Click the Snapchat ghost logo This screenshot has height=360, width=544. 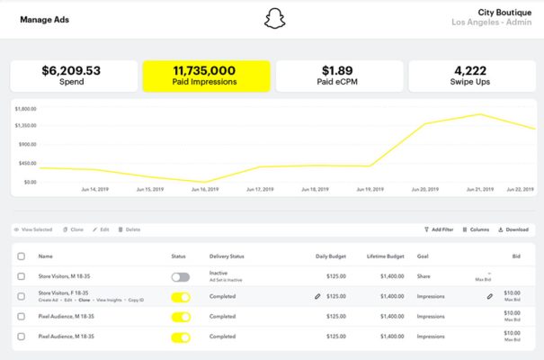coord(272,19)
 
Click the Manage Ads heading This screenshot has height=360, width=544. coord(45,19)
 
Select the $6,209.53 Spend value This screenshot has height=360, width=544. coord(70,70)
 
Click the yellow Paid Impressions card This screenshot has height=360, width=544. coord(206,76)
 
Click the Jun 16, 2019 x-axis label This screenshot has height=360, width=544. coord(204,190)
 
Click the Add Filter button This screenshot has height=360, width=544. coord(439,229)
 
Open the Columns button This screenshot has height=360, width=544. coord(476,229)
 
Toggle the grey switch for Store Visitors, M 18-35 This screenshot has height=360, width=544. coord(181,277)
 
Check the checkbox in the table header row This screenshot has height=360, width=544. coord(22,256)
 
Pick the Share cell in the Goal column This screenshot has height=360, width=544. coord(424,274)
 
